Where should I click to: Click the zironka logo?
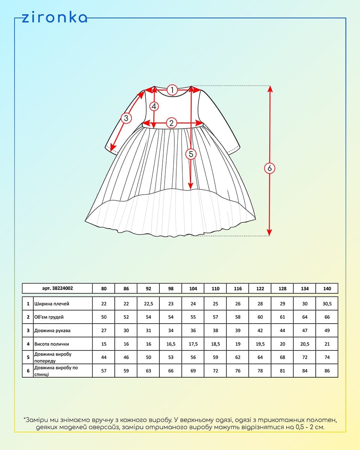click(x=54, y=18)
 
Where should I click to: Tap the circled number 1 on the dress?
click(x=172, y=90)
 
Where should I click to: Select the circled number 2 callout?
click(x=171, y=123)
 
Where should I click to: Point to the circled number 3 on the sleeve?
click(x=126, y=118)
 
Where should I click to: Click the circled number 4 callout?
click(x=154, y=106)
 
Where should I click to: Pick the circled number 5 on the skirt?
click(x=191, y=154)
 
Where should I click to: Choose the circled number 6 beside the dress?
click(x=269, y=168)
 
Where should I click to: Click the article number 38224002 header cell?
click(x=57, y=288)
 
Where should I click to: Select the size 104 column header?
click(x=193, y=289)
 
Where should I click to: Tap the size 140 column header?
click(x=327, y=289)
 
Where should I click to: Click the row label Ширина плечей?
click(x=52, y=304)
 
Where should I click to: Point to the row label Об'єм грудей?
click(x=49, y=317)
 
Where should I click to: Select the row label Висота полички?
click(x=51, y=344)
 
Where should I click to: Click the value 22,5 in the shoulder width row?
click(x=148, y=304)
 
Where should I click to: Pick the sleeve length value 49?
click(x=327, y=331)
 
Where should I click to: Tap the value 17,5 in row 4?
click(x=193, y=344)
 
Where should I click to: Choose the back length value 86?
click(x=327, y=371)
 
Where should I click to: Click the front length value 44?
click(x=104, y=357)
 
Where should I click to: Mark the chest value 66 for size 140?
click(x=327, y=317)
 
